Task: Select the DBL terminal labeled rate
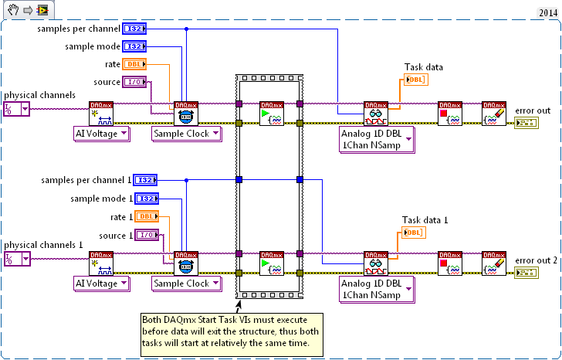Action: [x=134, y=65]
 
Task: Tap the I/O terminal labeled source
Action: [x=134, y=83]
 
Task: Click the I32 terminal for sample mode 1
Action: [x=147, y=199]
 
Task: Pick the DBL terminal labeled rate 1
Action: [x=147, y=217]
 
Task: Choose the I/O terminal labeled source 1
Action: [x=147, y=236]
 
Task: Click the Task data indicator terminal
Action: [x=415, y=79]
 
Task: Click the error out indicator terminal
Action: [x=527, y=123]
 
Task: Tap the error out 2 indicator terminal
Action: [x=527, y=273]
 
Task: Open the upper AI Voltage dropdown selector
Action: [x=101, y=134]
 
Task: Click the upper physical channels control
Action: [x=15, y=109]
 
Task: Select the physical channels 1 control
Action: [x=15, y=259]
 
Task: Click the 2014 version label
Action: [x=544, y=13]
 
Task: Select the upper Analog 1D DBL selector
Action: [x=377, y=140]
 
